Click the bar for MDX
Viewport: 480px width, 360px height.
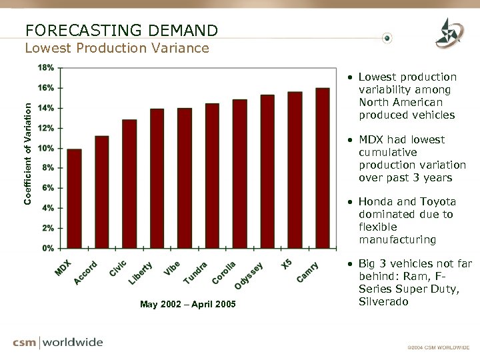click(75, 199)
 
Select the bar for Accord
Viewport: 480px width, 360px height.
click(102, 192)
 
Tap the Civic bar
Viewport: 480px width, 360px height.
click(129, 184)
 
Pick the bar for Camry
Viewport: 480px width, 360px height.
click(323, 168)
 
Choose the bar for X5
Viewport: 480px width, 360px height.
click(295, 170)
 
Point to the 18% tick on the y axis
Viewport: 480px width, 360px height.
click(46, 68)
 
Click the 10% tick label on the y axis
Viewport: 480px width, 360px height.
click(46, 148)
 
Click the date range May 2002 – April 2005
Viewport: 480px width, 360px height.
click(187, 305)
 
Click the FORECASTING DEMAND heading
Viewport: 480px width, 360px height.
click(121, 30)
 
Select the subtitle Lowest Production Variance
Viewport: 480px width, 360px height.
click(117, 48)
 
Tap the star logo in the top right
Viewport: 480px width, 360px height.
click(448, 32)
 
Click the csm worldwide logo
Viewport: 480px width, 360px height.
click(58, 343)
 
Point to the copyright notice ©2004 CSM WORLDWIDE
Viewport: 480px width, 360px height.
click(438, 347)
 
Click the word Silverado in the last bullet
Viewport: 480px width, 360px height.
click(383, 302)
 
